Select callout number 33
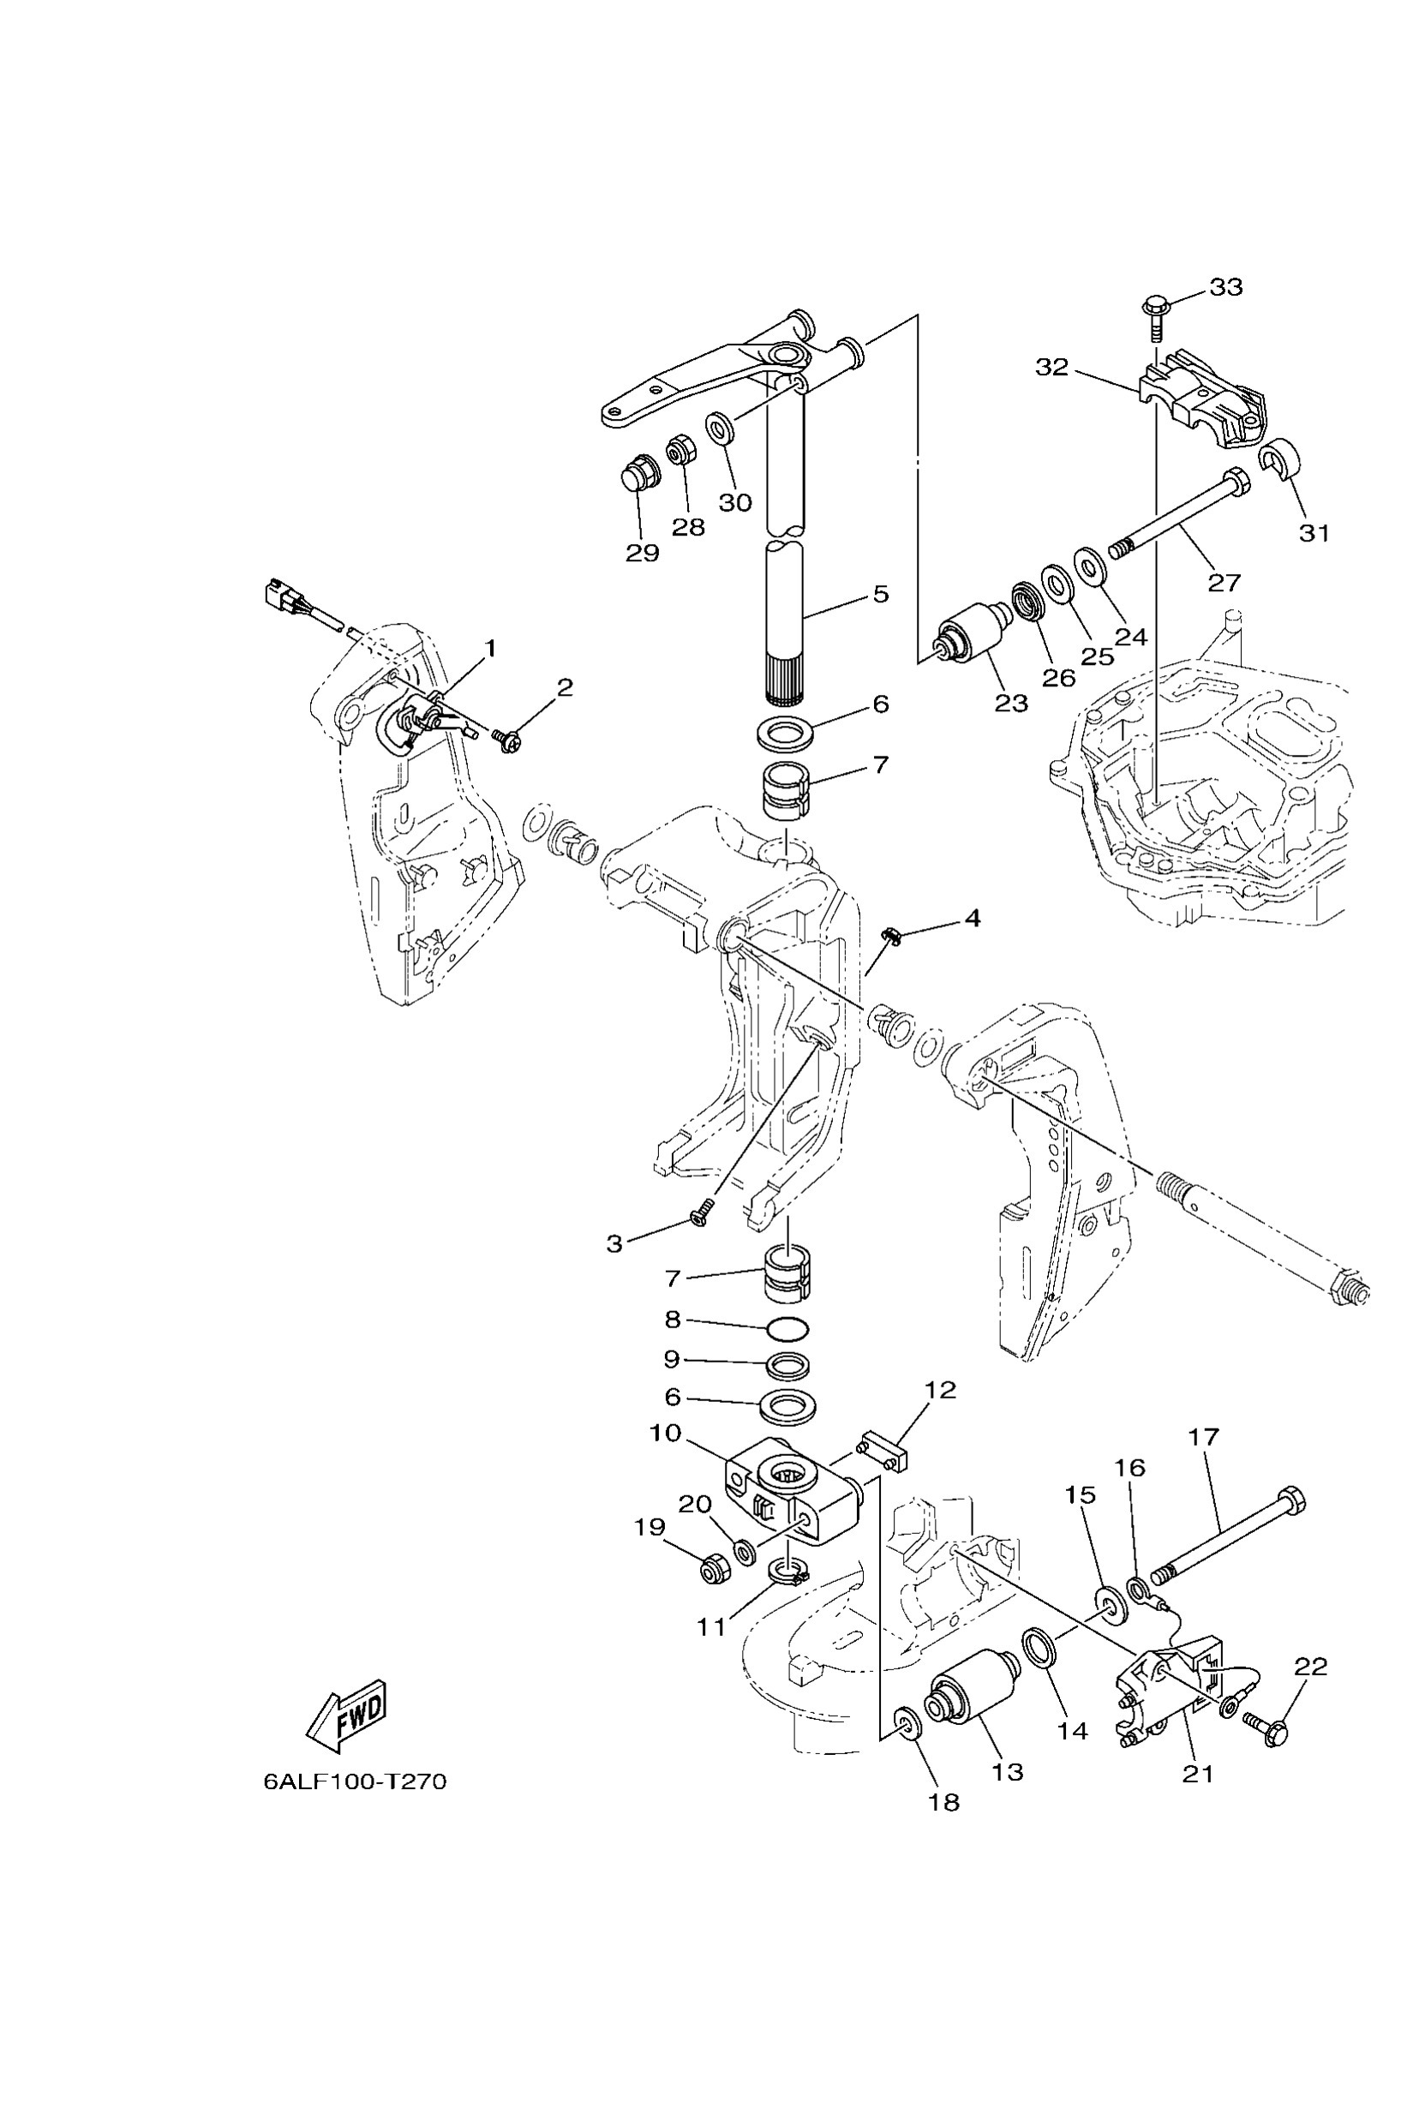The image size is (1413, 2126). point(1225,286)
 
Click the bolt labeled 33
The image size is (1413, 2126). point(1156,311)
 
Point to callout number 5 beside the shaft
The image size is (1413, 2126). point(880,594)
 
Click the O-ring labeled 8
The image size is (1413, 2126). point(787,1329)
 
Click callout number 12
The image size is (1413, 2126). point(940,1390)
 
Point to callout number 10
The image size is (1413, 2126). point(665,1433)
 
